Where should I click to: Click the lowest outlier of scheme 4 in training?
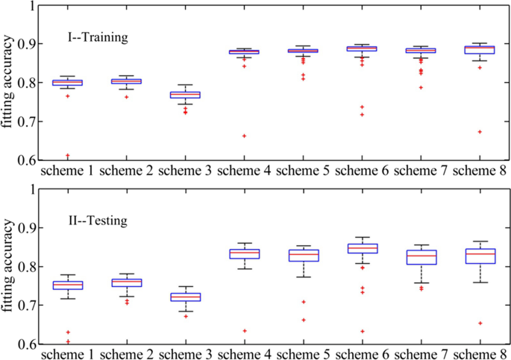pos(244,136)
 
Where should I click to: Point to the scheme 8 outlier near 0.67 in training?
pos(480,132)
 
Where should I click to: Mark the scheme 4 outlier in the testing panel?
pos(244,331)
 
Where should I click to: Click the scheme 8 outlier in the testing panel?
pos(480,323)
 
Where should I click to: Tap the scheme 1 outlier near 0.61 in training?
pos(67,156)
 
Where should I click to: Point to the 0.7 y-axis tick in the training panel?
pos(26,121)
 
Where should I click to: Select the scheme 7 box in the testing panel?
pos(421,257)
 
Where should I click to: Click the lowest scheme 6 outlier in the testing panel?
pos(362,331)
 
